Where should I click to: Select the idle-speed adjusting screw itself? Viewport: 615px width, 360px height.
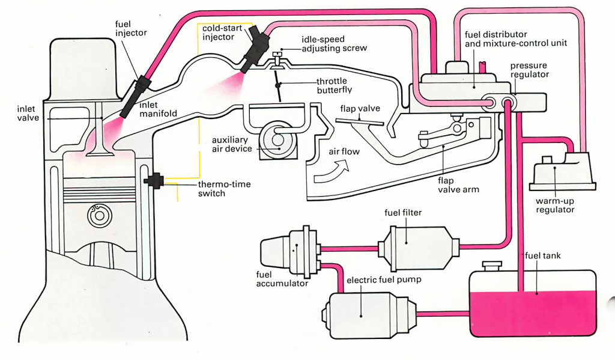coord(277,59)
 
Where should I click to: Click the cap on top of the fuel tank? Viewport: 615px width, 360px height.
coord(492,266)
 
